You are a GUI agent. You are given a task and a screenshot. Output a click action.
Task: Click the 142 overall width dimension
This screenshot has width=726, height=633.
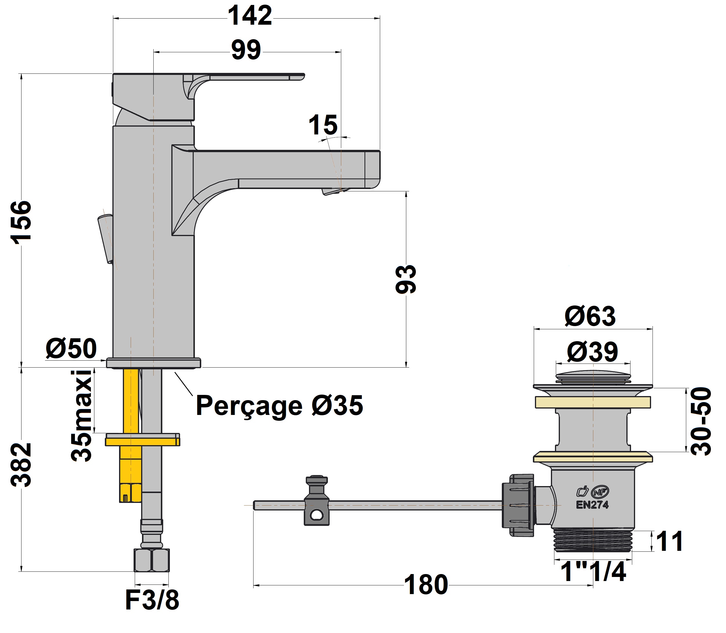point(250,16)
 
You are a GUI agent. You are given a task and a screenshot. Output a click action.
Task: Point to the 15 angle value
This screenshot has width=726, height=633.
point(323,125)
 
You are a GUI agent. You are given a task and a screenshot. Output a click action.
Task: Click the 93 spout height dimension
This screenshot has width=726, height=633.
point(406,279)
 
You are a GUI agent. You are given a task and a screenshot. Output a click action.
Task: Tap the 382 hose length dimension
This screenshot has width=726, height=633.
point(21,465)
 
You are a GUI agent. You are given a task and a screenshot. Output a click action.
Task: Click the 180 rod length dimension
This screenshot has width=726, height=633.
point(426,585)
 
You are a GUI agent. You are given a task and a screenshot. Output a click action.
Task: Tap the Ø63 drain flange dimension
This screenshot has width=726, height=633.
point(590,316)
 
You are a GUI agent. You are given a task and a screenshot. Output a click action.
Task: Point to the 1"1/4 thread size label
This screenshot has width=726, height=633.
point(593,571)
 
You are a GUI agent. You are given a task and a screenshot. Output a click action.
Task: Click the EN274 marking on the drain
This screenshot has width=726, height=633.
point(592,505)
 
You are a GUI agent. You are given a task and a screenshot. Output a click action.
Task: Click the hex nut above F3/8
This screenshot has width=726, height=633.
point(152,560)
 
